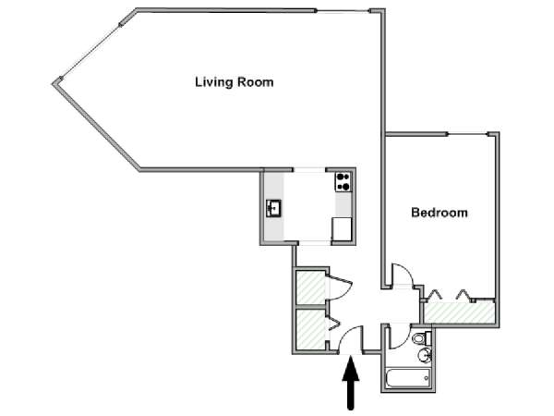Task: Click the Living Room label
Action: pyautogui.click(x=235, y=82)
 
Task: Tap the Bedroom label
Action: pyautogui.click(x=440, y=213)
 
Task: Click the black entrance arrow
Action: pyautogui.click(x=351, y=383)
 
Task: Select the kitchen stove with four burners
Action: pyautogui.click(x=343, y=182)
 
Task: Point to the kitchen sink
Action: pyautogui.click(x=273, y=208)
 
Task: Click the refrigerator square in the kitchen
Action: pyautogui.click(x=342, y=229)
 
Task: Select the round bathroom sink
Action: pyautogui.click(x=424, y=354)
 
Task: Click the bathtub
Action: pyautogui.click(x=408, y=378)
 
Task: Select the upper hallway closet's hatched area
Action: pyautogui.click(x=310, y=288)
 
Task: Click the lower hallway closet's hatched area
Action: pyautogui.click(x=310, y=330)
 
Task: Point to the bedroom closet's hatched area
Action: pyautogui.click(x=459, y=312)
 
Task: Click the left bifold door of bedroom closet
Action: pyautogui.click(x=434, y=294)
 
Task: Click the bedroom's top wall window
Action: pyautogui.click(x=468, y=134)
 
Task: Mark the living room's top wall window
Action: pyautogui.click(x=343, y=11)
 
